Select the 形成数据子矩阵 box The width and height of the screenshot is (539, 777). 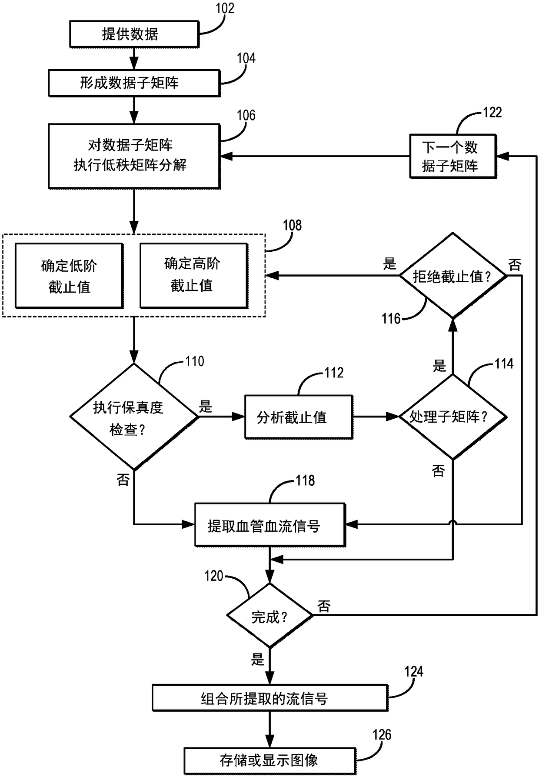(134, 83)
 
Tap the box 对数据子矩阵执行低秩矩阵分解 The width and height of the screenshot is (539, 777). (134, 156)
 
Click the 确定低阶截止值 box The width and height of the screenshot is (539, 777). (70, 276)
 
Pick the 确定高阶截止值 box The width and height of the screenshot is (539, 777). (194, 276)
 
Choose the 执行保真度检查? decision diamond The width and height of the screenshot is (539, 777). (134, 417)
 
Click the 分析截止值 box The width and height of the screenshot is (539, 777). (299, 417)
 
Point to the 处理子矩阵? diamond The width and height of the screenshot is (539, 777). (453, 417)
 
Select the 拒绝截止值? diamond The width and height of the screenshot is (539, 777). (453, 275)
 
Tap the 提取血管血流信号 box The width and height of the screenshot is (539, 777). (270, 525)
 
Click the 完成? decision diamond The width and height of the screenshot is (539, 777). (270, 615)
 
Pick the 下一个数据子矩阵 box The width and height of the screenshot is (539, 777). (453, 157)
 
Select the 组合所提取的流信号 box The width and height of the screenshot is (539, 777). (270, 698)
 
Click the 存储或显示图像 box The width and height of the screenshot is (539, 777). (270, 760)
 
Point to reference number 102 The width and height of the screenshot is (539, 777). (225, 8)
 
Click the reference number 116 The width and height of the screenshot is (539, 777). (391, 319)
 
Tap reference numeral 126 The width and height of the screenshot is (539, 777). (382, 734)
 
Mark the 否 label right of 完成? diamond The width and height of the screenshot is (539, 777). (324, 606)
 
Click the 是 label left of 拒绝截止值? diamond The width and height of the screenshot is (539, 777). (389, 263)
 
